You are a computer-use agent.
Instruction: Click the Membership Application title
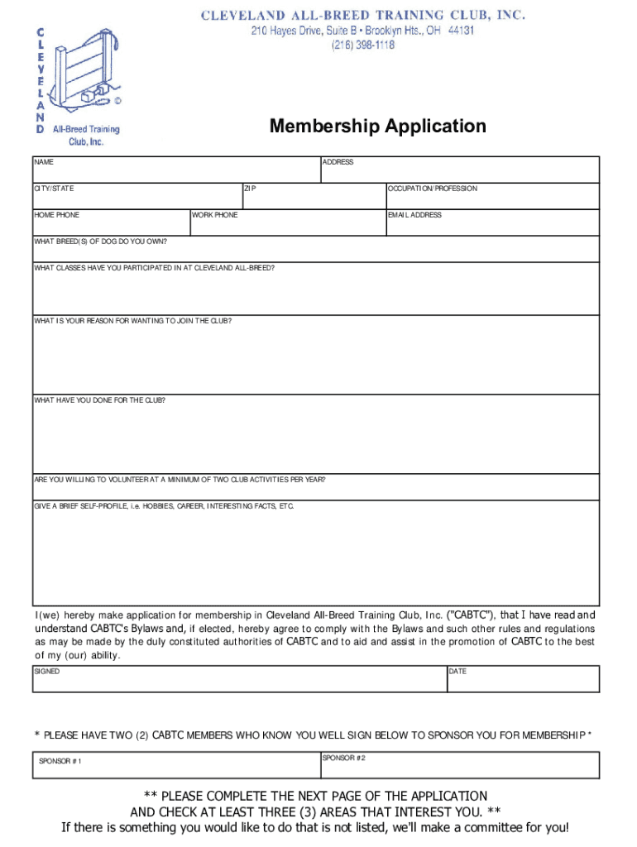click(377, 127)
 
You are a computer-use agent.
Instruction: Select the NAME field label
click(43, 162)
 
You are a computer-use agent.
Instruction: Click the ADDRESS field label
click(338, 162)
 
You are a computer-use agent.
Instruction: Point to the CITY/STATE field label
click(54, 189)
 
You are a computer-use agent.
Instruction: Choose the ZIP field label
click(251, 189)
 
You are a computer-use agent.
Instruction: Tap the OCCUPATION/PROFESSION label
click(433, 189)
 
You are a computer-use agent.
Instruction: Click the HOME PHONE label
click(57, 215)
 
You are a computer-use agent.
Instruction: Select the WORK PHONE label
click(215, 215)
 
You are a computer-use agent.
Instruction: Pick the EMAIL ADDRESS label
click(415, 215)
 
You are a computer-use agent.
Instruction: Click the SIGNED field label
click(47, 672)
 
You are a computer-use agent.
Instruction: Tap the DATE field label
click(457, 672)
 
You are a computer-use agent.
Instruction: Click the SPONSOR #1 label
click(60, 761)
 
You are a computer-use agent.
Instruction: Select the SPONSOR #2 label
click(343, 758)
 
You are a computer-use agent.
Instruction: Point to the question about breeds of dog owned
click(100, 242)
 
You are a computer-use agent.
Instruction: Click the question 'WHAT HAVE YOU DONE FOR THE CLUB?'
click(99, 400)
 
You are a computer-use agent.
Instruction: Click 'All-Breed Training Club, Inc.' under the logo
click(86, 135)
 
